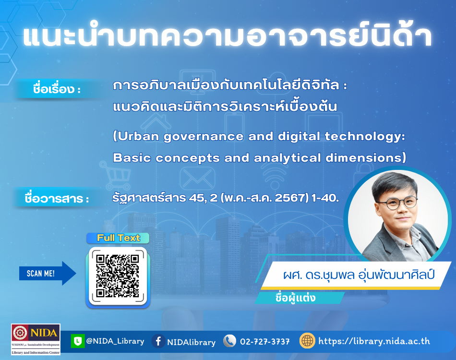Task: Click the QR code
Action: tap(118, 276)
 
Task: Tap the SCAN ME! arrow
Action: tap(48, 273)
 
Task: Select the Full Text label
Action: tap(118, 238)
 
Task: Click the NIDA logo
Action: tap(36, 339)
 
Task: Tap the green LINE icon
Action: tap(77, 341)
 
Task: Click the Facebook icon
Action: tap(158, 341)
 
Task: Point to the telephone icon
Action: tap(230, 341)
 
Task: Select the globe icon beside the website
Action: tap(307, 341)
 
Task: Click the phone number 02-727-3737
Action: tap(264, 341)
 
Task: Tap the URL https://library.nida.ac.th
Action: tap(374, 341)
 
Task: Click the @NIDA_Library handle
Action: tap(115, 341)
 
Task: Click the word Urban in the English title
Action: tap(138, 136)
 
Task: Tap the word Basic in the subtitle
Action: tap(132, 157)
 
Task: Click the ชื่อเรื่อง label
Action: tap(57, 89)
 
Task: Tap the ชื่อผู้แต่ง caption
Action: tap(295, 298)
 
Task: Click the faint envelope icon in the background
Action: tap(197, 179)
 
